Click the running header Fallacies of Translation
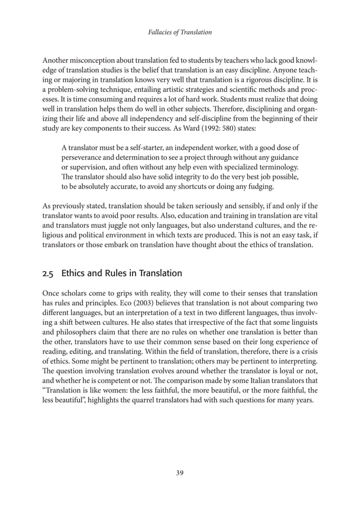(x=179, y=32)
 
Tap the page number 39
(x=179, y=472)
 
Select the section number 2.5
(x=50, y=273)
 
